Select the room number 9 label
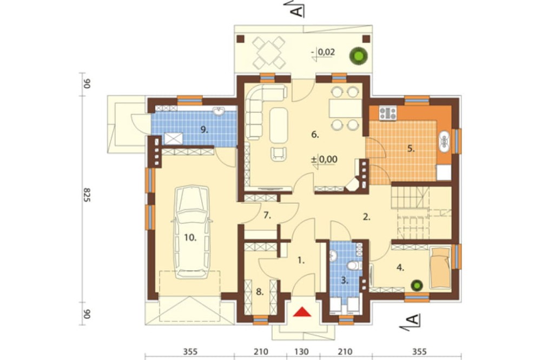click(204, 130)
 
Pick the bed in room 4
click(440, 268)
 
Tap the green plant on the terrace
click(358, 55)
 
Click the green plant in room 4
click(417, 285)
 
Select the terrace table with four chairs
click(269, 53)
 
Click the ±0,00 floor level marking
click(324, 159)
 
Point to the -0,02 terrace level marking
click(323, 53)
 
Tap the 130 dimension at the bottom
click(302, 352)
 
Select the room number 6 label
click(315, 135)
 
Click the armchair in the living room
click(279, 154)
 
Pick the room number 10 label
click(190, 237)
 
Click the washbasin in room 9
click(218, 111)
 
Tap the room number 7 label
click(267, 216)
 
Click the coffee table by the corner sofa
click(279, 125)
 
